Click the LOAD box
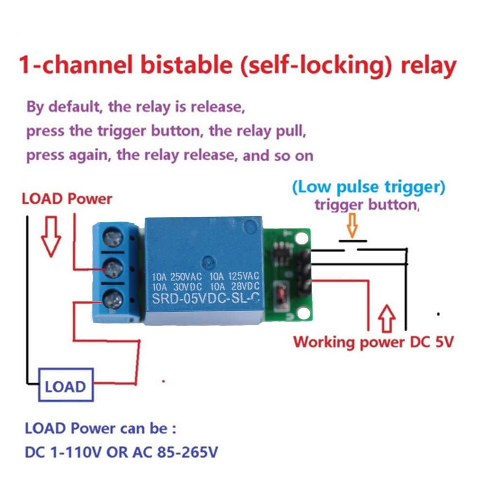(x=66, y=386)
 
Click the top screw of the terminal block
(x=112, y=238)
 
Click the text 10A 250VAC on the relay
(x=178, y=276)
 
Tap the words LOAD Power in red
(x=67, y=199)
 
